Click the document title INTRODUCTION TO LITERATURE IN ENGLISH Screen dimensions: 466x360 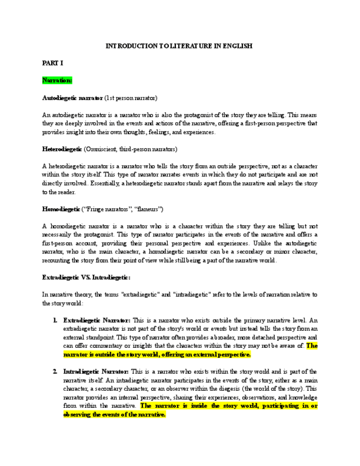pyautogui.click(x=179, y=47)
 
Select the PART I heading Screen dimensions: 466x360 pyautogui.click(x=53, y=64)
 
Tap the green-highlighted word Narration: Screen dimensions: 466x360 pyautogui.click(x=57, y=81)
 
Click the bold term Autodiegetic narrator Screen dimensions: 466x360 pyautogui.click(x=72, y=98)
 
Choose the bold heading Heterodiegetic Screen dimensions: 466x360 pyautogui.click(x=62, y=149)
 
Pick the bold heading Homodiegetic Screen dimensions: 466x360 pyautogui.click(x=61, y=209)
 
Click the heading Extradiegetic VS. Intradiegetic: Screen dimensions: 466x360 pyautogui.click(x=86, y=278)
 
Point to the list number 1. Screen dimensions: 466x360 pyautogui.click(x=56, y=320)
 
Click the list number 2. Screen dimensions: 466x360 pyautogui.click(x=56, y=371)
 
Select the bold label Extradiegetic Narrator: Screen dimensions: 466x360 pyautogui.click(x=97, y=320)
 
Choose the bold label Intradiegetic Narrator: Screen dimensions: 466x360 pyautogui.click(x=96, y=371)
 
